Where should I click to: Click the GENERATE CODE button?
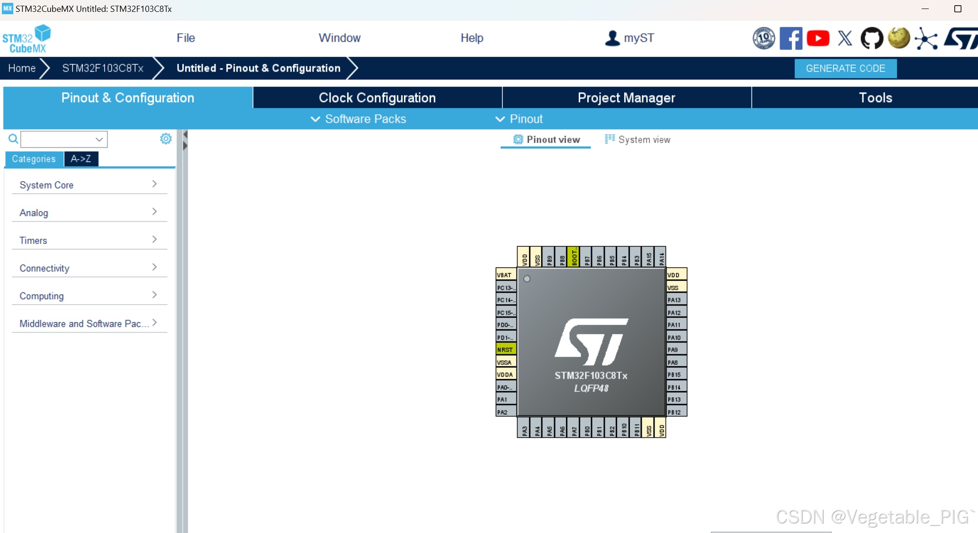click(845, 68)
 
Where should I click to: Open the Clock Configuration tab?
click(377, 98)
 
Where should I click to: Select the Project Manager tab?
click(626, 98)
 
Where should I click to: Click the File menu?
click(186, 38)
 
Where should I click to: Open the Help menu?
click(472, 38)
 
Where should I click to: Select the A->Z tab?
click(81, 159)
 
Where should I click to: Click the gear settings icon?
click(166, 139)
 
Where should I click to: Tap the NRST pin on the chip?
click(505, 350)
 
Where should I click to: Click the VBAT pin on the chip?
click(505, 275)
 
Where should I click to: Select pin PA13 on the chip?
click(676, 300)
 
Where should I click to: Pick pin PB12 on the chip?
click(676, 412)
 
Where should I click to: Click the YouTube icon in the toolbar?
click(818, 38)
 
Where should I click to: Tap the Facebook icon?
click(791, 38)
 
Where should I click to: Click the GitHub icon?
click(872, 38)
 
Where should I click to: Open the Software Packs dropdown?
click(359, 119)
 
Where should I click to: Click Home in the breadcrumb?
click(22, 68)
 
